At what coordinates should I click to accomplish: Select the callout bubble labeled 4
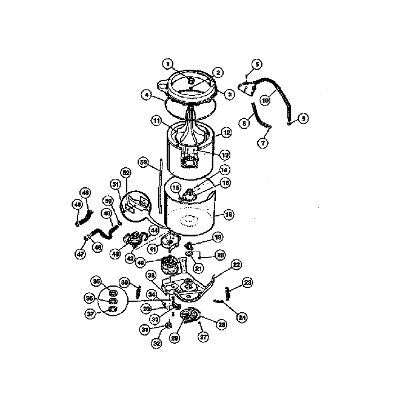146,95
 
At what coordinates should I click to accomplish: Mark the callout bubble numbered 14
224,171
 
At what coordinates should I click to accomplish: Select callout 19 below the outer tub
216,237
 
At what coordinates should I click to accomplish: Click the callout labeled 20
221,255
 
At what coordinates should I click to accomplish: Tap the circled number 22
237,265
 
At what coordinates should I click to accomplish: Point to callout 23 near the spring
247,281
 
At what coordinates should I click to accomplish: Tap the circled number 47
80,255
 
